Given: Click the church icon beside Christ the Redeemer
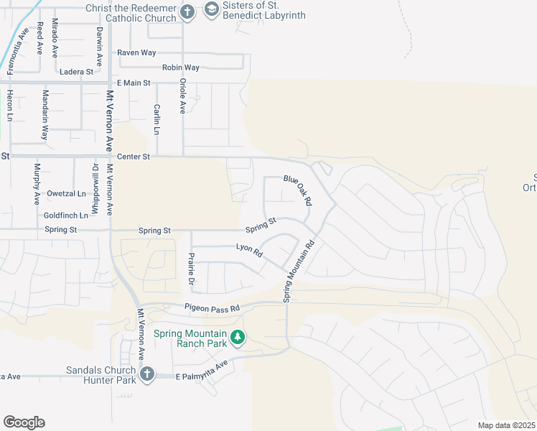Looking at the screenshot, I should pyautogui.click(x=187, y=11).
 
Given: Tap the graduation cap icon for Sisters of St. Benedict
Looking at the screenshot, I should pyautogui.click(x=211, y=9).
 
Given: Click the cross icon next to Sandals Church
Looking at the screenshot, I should pyautogui.click(x=147, y=374).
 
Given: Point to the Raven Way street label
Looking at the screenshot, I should pyautogui.click(x=136, y=53).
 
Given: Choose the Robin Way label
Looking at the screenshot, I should pyautogui.click(x=181, y=68).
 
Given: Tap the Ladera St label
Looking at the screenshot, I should pyautogui.click(x=77, y=72).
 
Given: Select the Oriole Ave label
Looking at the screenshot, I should pyautogui.click(x=182, y=97).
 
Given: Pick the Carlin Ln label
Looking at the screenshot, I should pyautogui.click(x=156, y=119).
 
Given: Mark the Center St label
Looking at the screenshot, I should pyautogui.click(x=133, y=156).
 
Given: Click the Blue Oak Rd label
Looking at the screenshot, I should pyautogui.click(x=298, y=190).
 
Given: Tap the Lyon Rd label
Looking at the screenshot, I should pyautogui.click(x=249, y=250).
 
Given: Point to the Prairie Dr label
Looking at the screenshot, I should pyautogui.click(x=192, y=268).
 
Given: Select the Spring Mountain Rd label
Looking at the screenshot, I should pyautogui.click(x=298, y=270).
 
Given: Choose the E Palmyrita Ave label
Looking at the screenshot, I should pyautogui.click(x=202, y=370).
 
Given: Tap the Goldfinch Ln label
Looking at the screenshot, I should pyautogui.click(x=65, y=215).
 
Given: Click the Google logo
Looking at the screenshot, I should pyautogui.click(x=24, y=422).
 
